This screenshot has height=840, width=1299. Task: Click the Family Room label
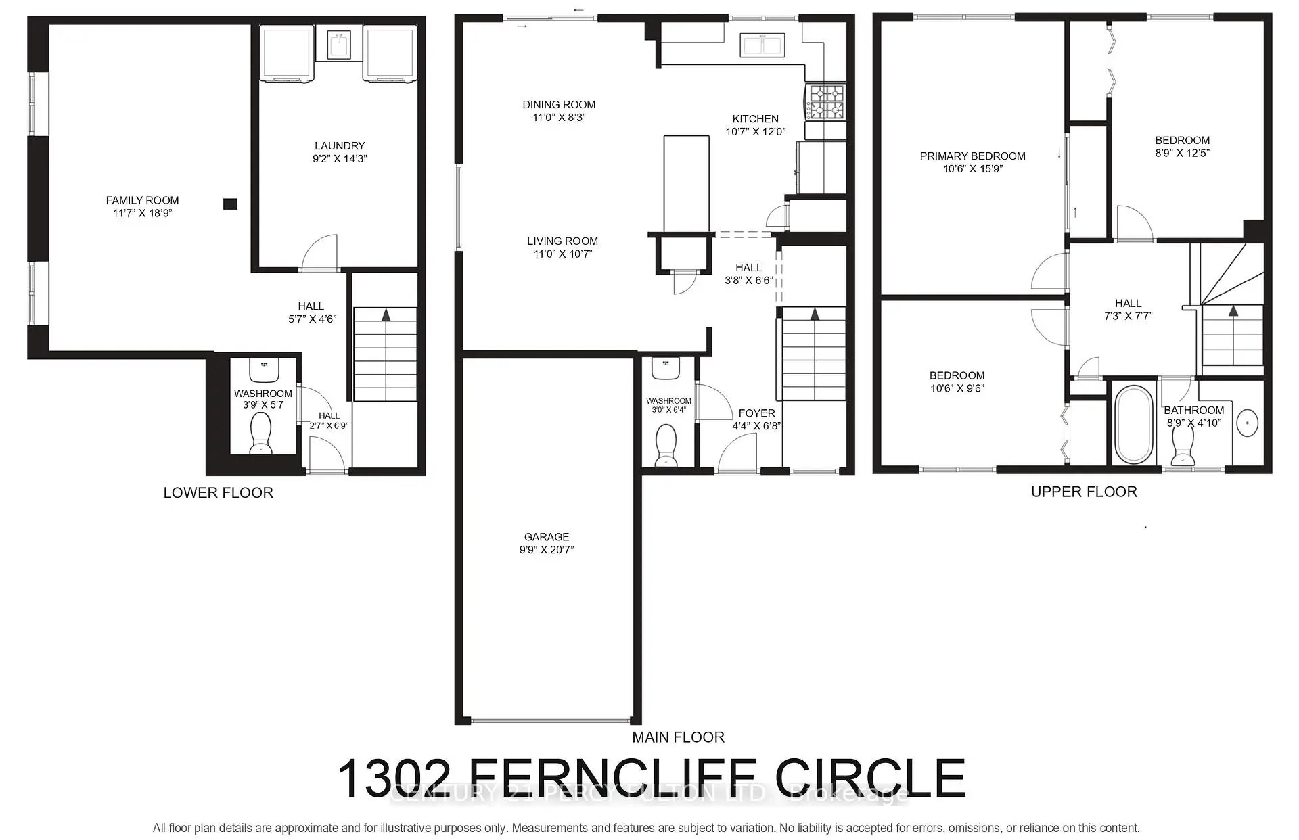[x=142, y=200]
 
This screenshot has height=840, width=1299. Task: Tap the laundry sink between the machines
[x=338, y=45]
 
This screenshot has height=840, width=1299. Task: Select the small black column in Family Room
[x=231, y=204]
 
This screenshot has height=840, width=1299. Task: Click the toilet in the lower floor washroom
[x=260, y=433]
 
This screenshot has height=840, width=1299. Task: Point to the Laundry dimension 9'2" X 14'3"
[x=340, y=159]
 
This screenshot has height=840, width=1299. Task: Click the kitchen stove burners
[x=826, y=101]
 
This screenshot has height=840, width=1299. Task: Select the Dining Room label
[x=559, y=105]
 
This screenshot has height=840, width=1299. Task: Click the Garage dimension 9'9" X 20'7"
[x=547, y=550]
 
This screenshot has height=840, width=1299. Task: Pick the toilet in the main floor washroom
[x=666, y=445]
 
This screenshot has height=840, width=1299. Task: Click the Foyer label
[x=756, y=413]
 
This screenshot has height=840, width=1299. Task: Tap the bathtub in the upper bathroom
[x=1133, y=424]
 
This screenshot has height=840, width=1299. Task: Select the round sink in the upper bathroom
[x=1248, y=423]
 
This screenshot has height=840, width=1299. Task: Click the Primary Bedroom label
[x=972, y=156]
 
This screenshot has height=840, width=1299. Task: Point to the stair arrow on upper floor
[x=1233, y=311]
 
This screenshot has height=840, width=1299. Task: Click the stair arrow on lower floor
[x=386, y=314]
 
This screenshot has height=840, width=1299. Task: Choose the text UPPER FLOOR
[x=1083, y=492]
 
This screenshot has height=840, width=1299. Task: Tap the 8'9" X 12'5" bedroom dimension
[x=1182, y=154]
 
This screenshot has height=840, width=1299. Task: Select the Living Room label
[x=562, y=241]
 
